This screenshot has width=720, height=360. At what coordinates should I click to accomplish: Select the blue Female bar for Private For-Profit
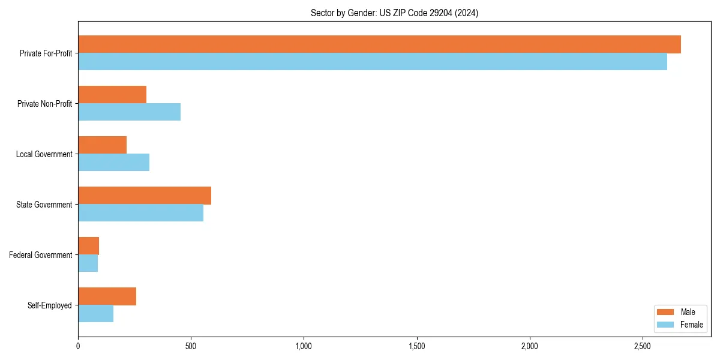[x=372, y=62]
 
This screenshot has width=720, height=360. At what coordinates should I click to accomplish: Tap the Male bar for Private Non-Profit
[x=112, y=95]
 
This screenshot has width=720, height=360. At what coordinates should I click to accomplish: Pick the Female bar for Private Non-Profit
[x=129, y=112]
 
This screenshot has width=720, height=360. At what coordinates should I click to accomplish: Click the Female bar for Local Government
[x=113, y=163]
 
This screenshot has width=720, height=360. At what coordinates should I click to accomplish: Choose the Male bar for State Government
[x=145, y=196]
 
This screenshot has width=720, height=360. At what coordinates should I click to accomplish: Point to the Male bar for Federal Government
[x=88, y=246]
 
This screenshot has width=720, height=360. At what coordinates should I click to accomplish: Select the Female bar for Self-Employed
[x=95, y=314]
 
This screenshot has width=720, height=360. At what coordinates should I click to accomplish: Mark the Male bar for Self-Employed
[x=107, y=296]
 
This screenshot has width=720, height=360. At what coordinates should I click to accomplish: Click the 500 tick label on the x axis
[x=191, y=346]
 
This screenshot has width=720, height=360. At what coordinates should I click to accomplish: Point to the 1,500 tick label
[x=416, y=346]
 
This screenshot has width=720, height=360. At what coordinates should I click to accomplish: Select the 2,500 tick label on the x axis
[x=642, y=346]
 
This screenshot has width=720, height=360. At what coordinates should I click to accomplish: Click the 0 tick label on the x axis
[x=78, y=346]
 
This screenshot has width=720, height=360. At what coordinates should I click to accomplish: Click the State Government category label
[x=44, y=205]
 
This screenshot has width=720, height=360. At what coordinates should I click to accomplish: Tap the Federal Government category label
[x=40, y=255]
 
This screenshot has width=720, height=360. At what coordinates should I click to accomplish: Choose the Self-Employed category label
[x=49, y=305]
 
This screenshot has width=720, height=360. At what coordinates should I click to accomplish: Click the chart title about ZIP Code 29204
[x=394, y=13]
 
